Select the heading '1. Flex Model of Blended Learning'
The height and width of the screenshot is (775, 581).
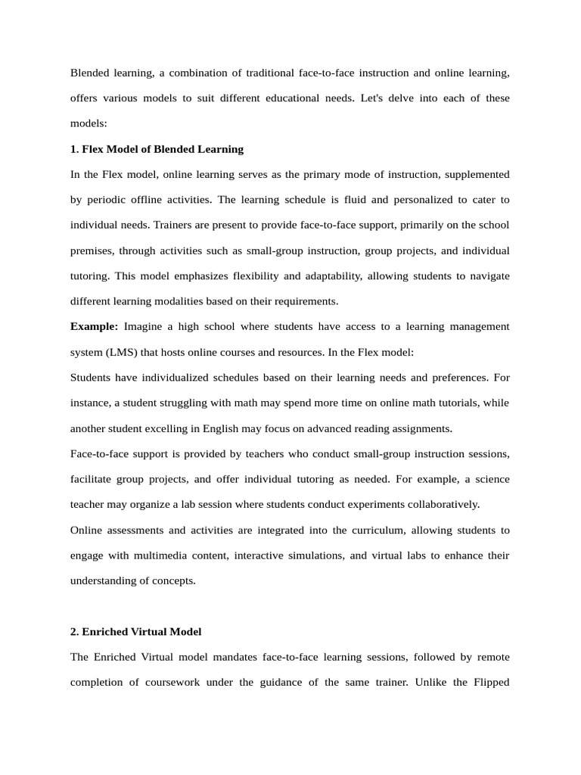(x=157, y=149)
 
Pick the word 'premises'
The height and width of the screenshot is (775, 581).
(x=92, y=251)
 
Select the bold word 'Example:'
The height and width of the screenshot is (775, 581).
(x=95, y=326)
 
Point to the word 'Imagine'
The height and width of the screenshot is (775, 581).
(x=143, y=326)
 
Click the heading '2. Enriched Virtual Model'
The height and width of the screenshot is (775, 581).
(x=135, y=631)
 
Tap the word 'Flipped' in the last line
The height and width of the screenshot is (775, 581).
(x=491, y=682)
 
